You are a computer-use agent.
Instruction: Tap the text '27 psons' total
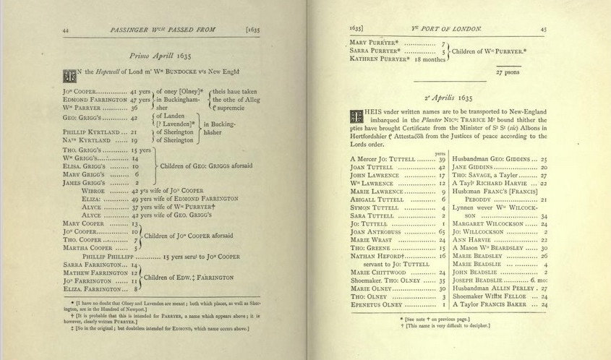[508, 72]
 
